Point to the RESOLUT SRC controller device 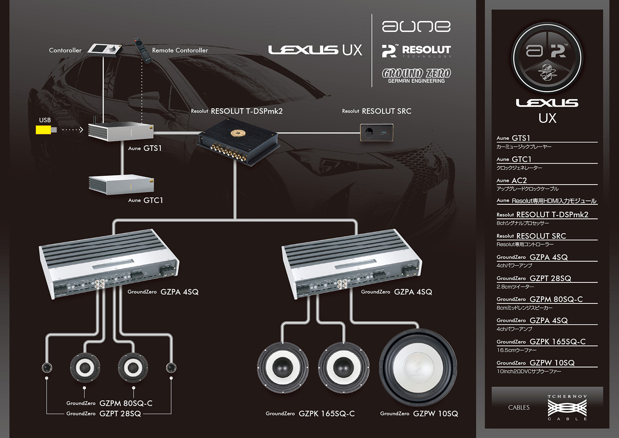point(376,133)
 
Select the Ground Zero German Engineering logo point(416,76)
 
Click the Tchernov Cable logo point(567,407)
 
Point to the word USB point(45,120)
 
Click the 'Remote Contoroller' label point(180,50)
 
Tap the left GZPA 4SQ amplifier point(109,264)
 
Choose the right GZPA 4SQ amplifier point(351,265)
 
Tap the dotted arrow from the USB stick point(73,130)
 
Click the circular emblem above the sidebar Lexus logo point(547,58)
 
